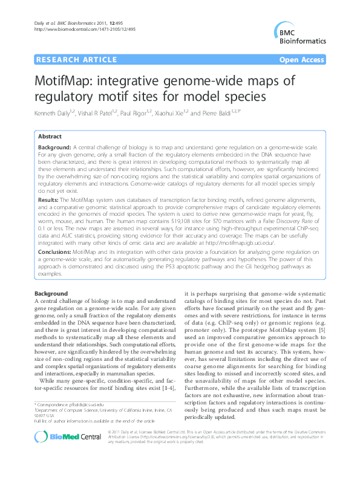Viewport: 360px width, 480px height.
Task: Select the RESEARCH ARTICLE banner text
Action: [76, 59]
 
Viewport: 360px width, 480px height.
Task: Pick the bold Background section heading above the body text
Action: [51, 294]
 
